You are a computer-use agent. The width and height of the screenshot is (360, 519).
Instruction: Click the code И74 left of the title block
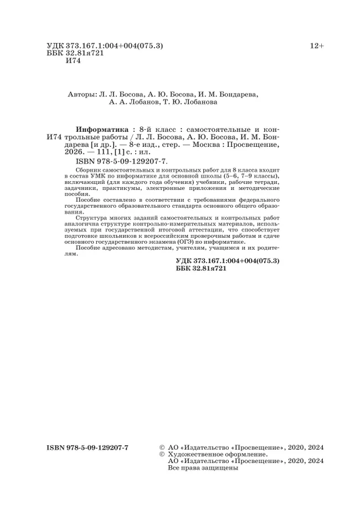click(x=55, y=136)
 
